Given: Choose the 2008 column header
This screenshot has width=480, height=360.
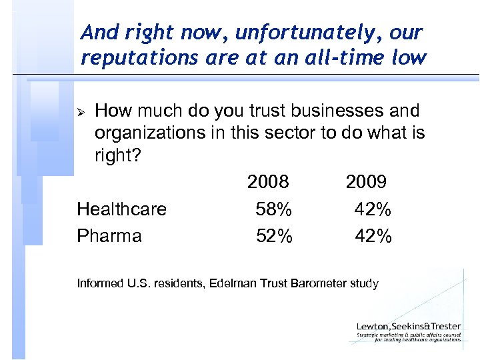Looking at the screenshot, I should [x=268, y=182].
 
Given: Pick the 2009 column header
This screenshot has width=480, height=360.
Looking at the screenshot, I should [x=366, y=182].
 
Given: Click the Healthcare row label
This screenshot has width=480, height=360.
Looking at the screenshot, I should [x=122, y=209].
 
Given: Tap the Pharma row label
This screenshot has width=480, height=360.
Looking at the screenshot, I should [x=109, y=236].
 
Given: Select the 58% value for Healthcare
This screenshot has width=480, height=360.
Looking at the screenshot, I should [x=273, y=209].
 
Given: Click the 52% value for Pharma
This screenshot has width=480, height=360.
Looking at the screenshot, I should [x=273, y=236].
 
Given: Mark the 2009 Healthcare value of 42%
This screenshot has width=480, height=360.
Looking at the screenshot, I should [x=373, y=209].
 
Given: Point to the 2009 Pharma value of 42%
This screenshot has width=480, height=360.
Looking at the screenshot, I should [x=373, y=236].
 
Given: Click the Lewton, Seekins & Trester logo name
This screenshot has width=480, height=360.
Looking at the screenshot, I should [x=408, y=326].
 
